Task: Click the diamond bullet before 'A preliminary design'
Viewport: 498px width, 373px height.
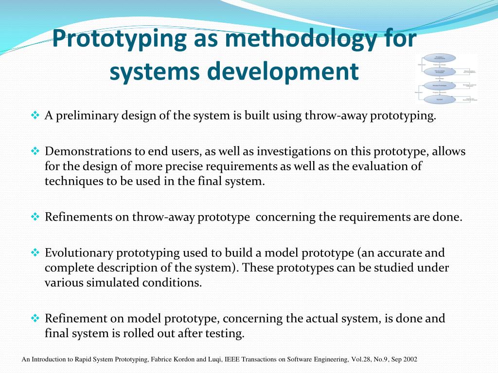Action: pyautogui.click(x=35, y=116)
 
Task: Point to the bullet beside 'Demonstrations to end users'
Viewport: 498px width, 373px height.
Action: pyautogui.click(x=35, y=152)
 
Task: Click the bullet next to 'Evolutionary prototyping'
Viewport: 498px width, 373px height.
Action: pyautogui.click(x=35, y=253)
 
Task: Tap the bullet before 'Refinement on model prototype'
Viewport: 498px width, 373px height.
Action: pyautogui.click(x=35, y=319)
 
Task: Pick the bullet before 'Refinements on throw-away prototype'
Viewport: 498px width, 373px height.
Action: pyautogui.click(x=35, y=217)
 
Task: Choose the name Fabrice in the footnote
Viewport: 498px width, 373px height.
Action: pyautogui.click(x=160, y=360)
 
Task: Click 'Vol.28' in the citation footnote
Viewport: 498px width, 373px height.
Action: pyautogui.click(x=359, y=360)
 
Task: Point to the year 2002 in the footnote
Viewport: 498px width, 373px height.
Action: pyautogui.click(x=410, y=360)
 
